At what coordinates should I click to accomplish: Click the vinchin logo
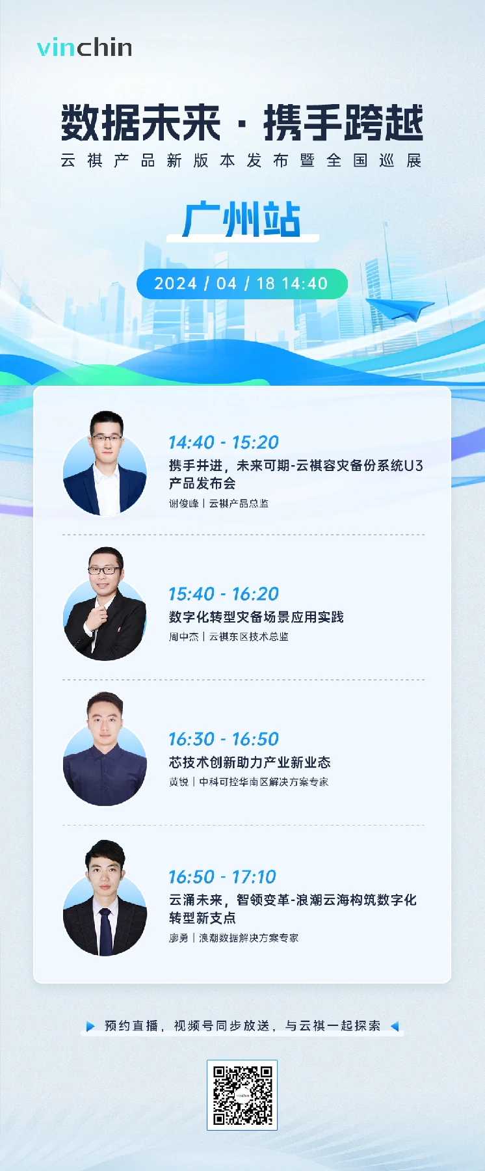point(85,47)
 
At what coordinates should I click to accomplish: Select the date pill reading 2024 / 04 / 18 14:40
point(242,284)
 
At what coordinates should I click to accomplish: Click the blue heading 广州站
point(242,220)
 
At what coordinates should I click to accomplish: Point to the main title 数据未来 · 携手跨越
point(242,124)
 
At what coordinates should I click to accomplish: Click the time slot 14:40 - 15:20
point(224,442)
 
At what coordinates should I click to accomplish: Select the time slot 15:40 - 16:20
point(224,594)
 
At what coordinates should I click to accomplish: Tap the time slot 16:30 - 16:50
point(224,739)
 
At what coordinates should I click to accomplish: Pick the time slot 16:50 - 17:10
point(222,877)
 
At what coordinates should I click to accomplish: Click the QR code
point(242,1095)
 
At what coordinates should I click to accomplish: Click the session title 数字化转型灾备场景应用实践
point(256,617)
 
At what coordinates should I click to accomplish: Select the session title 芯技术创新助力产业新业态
point(250,762)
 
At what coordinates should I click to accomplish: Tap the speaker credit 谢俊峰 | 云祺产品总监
point(218,504)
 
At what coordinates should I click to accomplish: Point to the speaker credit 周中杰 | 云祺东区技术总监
point(229,637)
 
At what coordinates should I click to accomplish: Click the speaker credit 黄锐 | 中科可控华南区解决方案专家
point(248,782)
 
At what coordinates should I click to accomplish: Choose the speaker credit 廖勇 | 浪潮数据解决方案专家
point(233,938)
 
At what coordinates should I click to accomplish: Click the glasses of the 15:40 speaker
point(104,571)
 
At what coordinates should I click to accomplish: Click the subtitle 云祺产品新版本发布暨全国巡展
point(242,161)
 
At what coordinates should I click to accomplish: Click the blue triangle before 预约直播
point(90,1026)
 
